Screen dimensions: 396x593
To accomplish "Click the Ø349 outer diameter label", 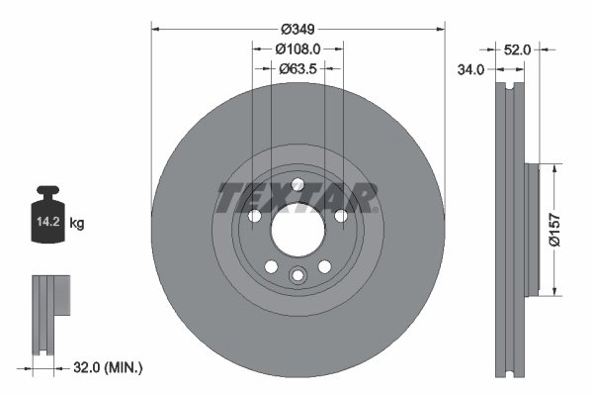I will pos(298,28).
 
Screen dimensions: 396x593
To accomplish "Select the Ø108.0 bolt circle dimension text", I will pos(298,49).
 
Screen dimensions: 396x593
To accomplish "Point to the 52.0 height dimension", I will pos(518,49).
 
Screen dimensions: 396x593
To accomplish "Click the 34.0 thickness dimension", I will pos(470,69).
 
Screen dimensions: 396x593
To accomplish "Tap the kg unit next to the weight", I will pos(77,224).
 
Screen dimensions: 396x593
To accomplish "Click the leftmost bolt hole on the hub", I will pos(254,217).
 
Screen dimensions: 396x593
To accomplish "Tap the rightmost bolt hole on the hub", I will pos(341,217).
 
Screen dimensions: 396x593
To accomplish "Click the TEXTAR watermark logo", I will pos(297,197).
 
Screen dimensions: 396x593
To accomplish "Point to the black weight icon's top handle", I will pos(49,191).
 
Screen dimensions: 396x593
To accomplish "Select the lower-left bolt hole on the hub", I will pos(272,266).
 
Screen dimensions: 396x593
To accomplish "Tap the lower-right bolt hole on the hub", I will pos(324,266).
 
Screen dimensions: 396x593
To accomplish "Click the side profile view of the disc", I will pos(510,229).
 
